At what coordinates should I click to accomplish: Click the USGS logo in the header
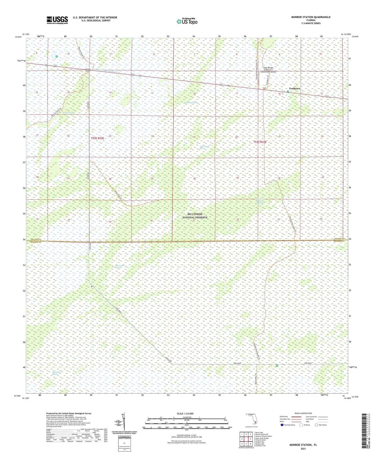(x=57, y=20)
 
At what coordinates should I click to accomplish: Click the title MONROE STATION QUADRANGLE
(x=311, y=17)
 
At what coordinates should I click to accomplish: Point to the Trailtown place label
(x=294, y=89)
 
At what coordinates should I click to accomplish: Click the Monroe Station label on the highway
(x=88, y=70)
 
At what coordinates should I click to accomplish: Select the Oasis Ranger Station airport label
(x=268, y=70)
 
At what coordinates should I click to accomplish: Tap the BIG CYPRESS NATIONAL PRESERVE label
(x=195, y=216)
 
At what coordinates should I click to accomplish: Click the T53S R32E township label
(x=97, y=138)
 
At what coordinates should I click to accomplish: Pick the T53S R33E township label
(x=260, y=142)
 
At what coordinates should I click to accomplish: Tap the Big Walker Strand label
(x=55, y=373)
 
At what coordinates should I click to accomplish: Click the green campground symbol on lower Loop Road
(x=277, y=366)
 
